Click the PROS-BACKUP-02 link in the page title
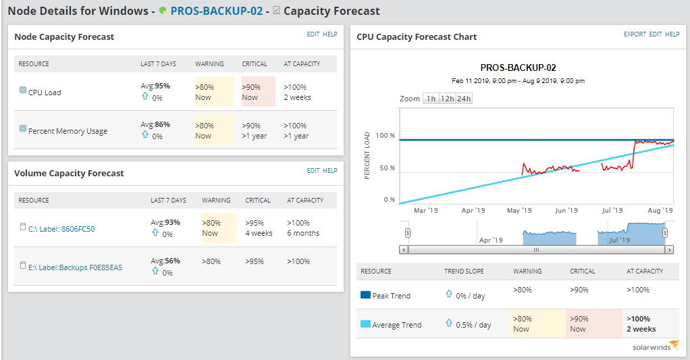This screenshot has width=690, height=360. click(216, 11)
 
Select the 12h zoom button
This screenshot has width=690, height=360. click(447, 99)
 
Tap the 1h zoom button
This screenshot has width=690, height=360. click(431, 99)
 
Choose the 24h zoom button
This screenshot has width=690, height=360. click(464, 99)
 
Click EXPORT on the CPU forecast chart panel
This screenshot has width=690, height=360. click(635, 34)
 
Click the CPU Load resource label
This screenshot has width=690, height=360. click(45, 93)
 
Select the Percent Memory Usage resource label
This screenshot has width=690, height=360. click(68, 131)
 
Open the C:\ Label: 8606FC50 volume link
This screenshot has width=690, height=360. click(61, 229)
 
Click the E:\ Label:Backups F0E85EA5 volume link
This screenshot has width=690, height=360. click(75, 267)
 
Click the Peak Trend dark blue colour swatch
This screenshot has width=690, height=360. click(366, 295)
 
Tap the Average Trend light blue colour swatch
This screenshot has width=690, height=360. click(366, 324)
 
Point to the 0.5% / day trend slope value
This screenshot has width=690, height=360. click(473, 325)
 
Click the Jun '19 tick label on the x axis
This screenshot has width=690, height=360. click(565, 211)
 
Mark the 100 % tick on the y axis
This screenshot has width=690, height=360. click(385, 136)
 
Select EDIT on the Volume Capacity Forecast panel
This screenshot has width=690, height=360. click(313, 171)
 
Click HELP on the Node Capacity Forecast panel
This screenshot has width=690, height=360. click(330, 34)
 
